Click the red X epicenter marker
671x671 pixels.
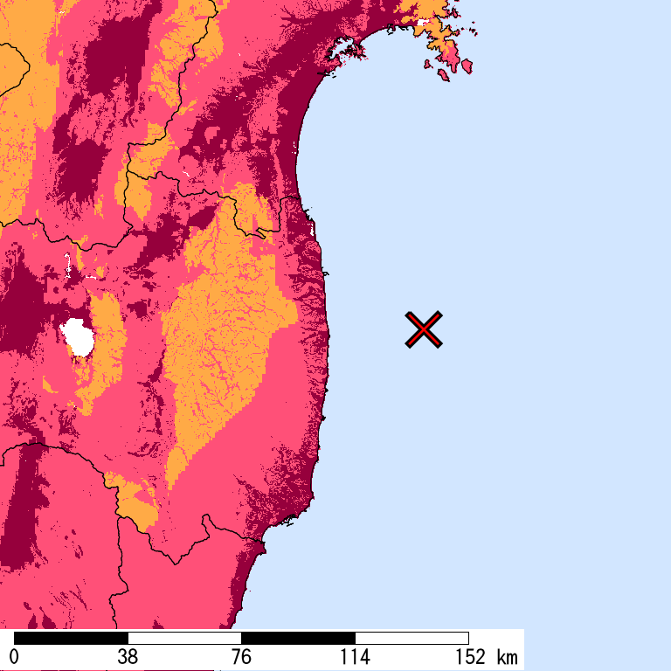[x=424, y=329]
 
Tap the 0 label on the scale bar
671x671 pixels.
[x=14, y=657]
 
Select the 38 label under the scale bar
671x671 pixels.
[x=128, y=657]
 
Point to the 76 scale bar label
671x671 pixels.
[x=241, y=657]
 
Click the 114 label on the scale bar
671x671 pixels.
[x=355, y=657]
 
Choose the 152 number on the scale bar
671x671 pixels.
[x=468, y=657]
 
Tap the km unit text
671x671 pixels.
[x=506, y=657]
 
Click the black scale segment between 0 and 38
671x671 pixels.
[x=71, y=638]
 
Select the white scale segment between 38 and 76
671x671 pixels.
[x=184, y=638]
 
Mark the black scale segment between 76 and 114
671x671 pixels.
[x=298, y=638]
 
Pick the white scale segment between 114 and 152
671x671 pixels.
[x=412, y=638]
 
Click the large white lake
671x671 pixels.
[x=78, y=337]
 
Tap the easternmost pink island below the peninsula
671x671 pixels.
[x=467, y=66]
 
